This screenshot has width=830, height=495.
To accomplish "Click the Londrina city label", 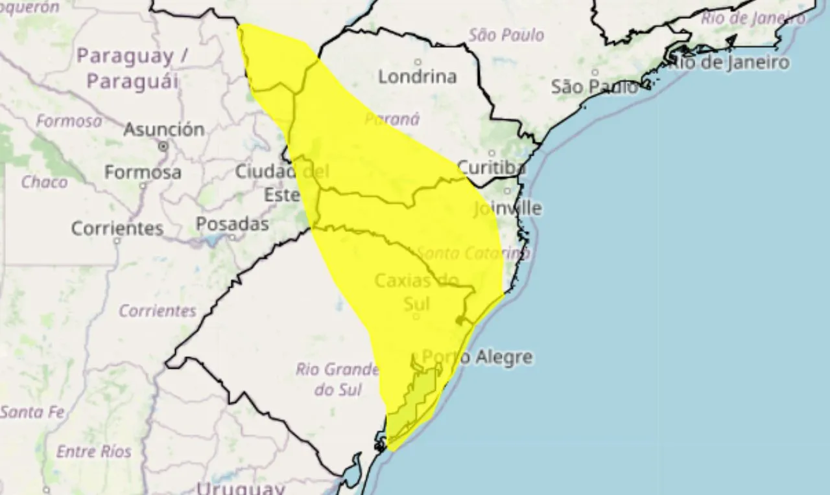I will (x=417, y=76).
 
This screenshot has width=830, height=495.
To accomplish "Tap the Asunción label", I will (x=163, y=129).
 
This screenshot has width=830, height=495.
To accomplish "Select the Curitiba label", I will (x=490, y=168).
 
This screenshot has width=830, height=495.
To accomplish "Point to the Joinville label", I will (x=507, y=209).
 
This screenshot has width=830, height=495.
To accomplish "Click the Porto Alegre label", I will (x=477, y=356).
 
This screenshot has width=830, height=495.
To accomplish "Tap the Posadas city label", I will (x=232, y=224).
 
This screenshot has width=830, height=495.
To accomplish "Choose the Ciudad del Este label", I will (x=281, y=183).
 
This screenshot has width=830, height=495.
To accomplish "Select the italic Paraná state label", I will (x=392, y=119).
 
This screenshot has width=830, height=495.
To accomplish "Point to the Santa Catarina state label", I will (x=473, y=253).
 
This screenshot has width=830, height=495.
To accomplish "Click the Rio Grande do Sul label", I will (x=337, y=379).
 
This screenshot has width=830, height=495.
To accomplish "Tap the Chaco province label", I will (x=44, y=182).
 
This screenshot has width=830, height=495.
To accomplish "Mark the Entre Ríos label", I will (x=93, y=452).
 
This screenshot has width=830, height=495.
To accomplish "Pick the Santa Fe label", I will (x=31, y=411).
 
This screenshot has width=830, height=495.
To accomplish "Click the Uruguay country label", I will (x=241, y=489).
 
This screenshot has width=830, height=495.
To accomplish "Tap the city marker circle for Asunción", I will (x=163, y=146).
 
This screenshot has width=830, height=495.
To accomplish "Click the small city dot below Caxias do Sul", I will (x=416, y=317).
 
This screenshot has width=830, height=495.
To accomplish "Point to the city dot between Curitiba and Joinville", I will (x=508, y=190).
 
